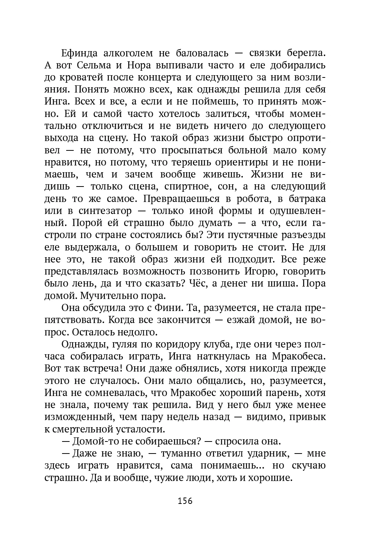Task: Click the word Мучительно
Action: click(x=104, y=296)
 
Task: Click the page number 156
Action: click(x=185, y=501)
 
